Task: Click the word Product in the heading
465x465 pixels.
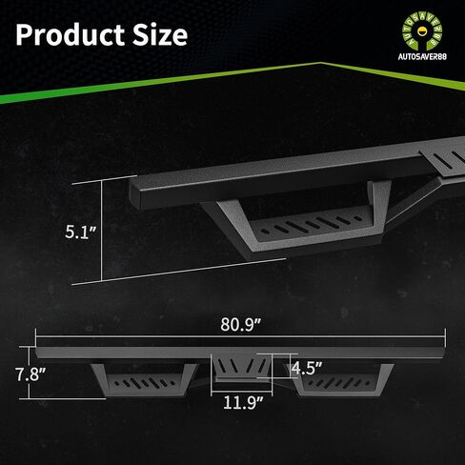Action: click(x=71, y=34)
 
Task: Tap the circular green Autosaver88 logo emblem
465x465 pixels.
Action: click(x=422, y=30)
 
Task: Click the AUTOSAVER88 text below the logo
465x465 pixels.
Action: click(x=422, y=56)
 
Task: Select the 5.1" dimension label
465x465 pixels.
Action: click(x=80, y=232)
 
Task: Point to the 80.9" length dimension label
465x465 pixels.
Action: click(x=240, y=324)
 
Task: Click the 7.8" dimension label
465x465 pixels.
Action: click(x=30, y=374)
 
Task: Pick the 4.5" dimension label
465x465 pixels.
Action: click(x=307, y=368)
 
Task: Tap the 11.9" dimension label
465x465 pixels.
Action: click(x=243, y=402)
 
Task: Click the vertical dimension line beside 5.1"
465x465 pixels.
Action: click(x=102, y=231)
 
